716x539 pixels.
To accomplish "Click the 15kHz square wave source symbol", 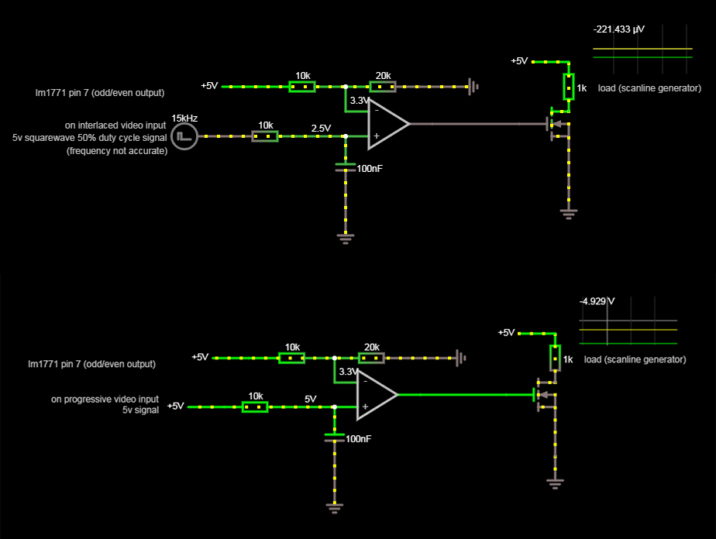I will (184, 137).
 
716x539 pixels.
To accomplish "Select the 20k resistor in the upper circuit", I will (383, 87).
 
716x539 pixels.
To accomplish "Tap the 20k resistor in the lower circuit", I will (371, 358).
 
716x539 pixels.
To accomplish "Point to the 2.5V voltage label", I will (321, 128).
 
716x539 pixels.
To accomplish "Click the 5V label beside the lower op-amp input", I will (311, 399).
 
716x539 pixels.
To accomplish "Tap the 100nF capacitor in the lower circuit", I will (334, 438).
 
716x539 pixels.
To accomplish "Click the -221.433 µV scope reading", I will (618, 29).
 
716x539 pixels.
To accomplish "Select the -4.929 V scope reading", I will (597, 301).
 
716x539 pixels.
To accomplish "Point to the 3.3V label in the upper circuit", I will (360, 101).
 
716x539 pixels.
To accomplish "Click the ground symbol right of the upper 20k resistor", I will (473, 87).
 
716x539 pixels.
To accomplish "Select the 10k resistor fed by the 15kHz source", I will (265, 136).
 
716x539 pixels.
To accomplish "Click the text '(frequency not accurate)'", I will (117, 151).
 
